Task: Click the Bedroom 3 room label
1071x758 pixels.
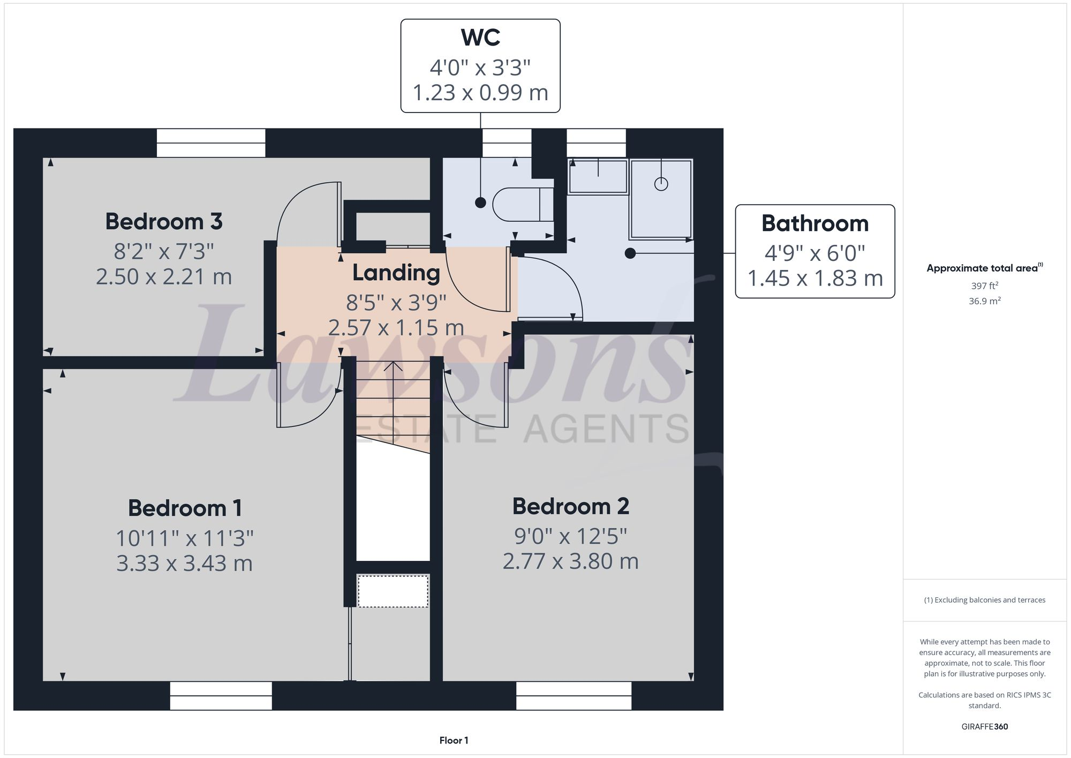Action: (x=163, y=222)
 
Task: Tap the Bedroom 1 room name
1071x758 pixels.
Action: (x=185, y=508)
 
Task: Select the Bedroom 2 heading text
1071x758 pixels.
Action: (x=570, y=506)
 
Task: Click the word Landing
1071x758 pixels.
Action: (x=396, y=273)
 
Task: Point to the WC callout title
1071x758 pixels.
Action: (x=480, y=37)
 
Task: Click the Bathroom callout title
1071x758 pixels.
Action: (x=814, y=223)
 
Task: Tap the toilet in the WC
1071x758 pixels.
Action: (x=522, y=205)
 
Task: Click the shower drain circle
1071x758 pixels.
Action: (x=661, y=184)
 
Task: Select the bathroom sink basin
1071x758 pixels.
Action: (x=598, y=176)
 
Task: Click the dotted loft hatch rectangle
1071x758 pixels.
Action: (x=393, y=591)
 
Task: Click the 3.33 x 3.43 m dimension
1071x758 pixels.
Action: (x=184, y=564)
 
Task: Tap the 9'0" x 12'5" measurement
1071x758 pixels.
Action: (x=570, y=536)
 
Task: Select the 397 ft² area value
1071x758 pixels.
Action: (x=984, y=286)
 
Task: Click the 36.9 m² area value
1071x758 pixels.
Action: (x=984, y=301)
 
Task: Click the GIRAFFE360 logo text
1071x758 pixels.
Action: (x=984, y=726)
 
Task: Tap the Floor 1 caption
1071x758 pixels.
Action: (x=454, y=740)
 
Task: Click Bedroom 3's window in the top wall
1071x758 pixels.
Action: (x=211, y=142)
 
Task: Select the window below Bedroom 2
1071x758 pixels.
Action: (x=574, y=695)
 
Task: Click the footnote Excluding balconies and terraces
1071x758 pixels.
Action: (x=984, y=600)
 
